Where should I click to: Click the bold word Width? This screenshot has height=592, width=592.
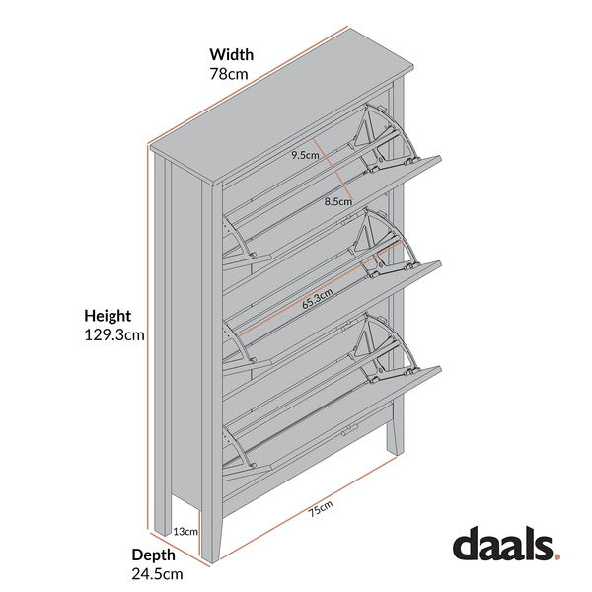click(x=232, y=54)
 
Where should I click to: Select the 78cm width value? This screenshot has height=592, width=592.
click(x=229, y=74)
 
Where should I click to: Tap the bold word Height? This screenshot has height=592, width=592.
click(x=108, y=316)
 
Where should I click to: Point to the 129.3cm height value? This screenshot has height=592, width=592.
click(x=114, y=334)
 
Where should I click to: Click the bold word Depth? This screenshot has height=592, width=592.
click(x=153, y=555)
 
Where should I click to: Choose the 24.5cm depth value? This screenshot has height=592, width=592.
click(x=157, y=574)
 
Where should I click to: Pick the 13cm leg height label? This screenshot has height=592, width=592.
click(x=185, y=532)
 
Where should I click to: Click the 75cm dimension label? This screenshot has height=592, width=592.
click(x=320, y=508)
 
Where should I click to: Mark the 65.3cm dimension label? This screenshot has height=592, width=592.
click(x=317, y=299)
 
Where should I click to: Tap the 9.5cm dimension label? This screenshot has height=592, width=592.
click(x=305, y=155)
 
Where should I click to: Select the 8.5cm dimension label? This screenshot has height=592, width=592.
click(x=337, y=201)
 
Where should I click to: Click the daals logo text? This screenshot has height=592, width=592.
click(x=503, y=544)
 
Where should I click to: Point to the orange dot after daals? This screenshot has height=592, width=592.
click(x=556, y=556)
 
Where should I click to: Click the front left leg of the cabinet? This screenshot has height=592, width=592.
click(x=211, y=536)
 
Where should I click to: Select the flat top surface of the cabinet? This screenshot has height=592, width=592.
click(x=282, y=107)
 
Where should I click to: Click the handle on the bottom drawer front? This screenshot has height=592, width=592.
click(x=349, y=430)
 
